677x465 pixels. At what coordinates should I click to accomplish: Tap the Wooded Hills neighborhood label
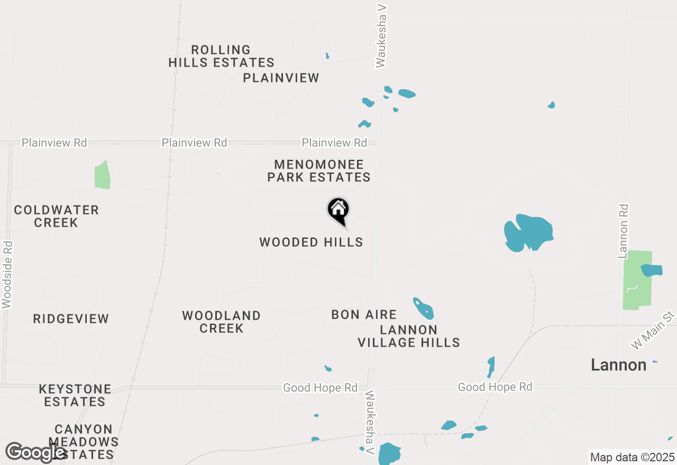[x=311, y=243]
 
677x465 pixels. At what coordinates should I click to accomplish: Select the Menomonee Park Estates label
[x=319, y=171]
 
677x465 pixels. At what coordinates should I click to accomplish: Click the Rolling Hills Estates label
[x=221, y=56]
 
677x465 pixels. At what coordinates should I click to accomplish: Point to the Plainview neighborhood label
[x=281, y=78]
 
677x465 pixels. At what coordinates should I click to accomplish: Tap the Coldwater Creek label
[x=56, y=216]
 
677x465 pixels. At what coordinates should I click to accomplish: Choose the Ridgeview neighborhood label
[x=71, y=319]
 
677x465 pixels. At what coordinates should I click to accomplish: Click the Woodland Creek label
[x=221, y=322]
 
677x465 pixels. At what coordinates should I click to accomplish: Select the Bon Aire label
[x=364, y=315]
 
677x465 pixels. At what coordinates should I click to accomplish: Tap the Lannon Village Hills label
[x=409, y=336]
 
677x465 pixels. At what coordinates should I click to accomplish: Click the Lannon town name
[x=618, y=365]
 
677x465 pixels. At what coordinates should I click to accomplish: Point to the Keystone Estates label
[x=75, y=395]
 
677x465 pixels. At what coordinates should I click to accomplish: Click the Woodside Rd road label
[x=7, y=275]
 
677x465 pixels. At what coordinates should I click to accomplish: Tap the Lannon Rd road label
[x=624, y=231]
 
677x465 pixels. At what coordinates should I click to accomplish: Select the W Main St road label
[x=654, y=330]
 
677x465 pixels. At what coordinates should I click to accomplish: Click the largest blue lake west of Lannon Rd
[x=528, y=232]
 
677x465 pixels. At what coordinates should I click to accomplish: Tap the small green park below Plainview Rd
[x=102, y=175]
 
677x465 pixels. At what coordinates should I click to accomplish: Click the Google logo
[x=35, y=452]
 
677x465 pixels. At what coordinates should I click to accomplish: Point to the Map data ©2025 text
[x=632, y=457]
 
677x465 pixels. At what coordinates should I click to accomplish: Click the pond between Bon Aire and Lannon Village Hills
[x=424, y=308]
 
